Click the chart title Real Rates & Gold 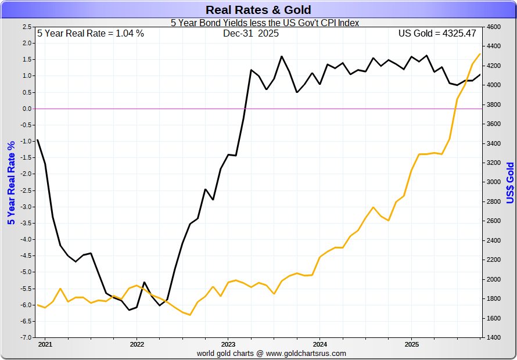[x=258, y=10]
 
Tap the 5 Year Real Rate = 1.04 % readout [x=91, y=34]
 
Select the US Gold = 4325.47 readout [x=437, y=34]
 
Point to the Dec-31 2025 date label [x=251, y=34]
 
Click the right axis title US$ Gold [x=510, y=182]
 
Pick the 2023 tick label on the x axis [x=228, y=343]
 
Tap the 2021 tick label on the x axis [x=45, y=343]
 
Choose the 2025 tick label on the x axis [x=411, y=343]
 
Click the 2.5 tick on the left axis [x=27, y=27]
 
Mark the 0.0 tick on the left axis [x=27, y=109]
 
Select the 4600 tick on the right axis [x=493, y=27]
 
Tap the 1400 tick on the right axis [x=493, y=337]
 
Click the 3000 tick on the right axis [x=493, y=182]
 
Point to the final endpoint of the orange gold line [x=480, y=54]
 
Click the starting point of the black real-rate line [x=37, y=140]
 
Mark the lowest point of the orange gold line [x=190, y=315]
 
